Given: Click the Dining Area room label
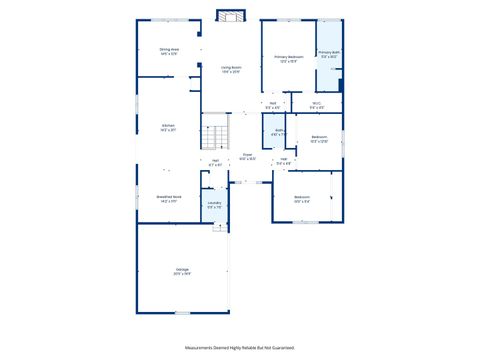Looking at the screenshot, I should (168, 48).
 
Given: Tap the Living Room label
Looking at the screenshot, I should (231, 67).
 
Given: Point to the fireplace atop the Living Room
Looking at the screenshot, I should (231, 16).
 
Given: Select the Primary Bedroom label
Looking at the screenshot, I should (289, 57).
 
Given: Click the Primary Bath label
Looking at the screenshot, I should (329, 52).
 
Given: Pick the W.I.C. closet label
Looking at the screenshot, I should (315, 102).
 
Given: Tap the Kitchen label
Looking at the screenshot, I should (168, 125).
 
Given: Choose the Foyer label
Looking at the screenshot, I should (248, 154).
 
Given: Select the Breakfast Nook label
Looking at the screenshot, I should (168, 197).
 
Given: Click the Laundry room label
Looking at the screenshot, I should (214, 203).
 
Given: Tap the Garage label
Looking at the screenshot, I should (182, 269).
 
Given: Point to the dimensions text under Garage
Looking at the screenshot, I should (182, 274).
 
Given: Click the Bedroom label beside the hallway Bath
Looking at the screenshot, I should (319, 136).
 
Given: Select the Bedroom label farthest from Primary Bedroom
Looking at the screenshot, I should (302, 197).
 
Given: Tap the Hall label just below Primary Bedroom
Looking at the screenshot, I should (272, 102).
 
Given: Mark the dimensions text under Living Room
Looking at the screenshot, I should (231, 72).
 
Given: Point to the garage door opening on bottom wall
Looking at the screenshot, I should (182, 313).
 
